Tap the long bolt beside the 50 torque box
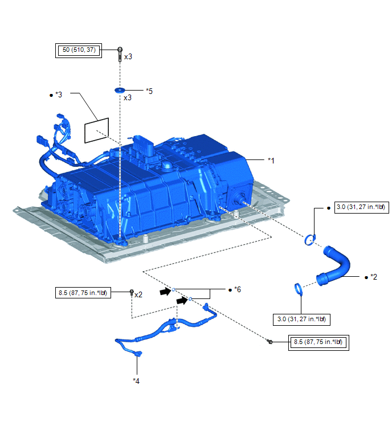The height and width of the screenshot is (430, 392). click(120, 54)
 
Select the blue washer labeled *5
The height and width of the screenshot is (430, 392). click(120, 90)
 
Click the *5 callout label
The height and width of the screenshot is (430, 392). click(149, 91)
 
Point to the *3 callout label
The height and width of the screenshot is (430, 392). click(59, 95)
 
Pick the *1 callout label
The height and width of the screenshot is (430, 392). click(271, 161)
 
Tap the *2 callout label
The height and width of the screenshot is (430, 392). click(374, 277)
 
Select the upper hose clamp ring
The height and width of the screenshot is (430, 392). click(310, 240)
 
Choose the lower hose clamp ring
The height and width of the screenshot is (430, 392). click(299, 289)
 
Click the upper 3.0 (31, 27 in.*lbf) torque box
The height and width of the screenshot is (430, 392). click(362, 207)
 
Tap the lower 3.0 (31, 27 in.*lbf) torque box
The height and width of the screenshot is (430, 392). click(301, 320)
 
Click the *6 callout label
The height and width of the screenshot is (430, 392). click(238, 289)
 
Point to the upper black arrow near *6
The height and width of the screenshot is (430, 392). click(165, 291)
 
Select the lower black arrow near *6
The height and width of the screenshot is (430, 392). click(182, 301)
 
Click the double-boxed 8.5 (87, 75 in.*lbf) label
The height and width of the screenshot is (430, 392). click(318, 342)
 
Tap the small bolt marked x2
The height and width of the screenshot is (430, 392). click(132, 292)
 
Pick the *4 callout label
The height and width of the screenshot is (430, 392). click(136, 381)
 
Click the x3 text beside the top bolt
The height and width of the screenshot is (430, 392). click(128, 57)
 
